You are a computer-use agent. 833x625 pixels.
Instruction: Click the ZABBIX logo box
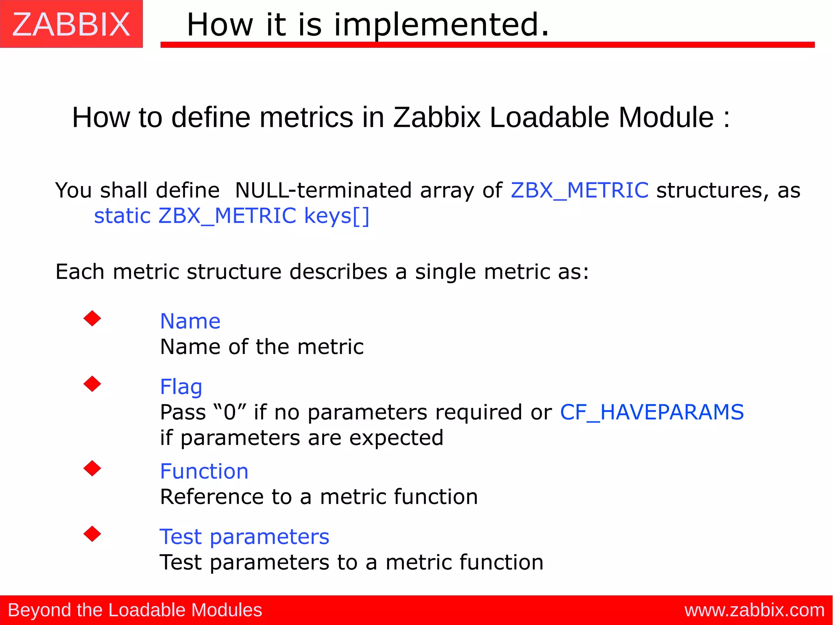71,24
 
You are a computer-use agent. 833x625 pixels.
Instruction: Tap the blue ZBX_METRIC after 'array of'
579,190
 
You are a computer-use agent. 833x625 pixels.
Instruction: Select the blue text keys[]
337,216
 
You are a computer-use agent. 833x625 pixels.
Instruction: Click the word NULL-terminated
323,190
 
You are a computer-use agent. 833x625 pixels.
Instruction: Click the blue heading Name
190,321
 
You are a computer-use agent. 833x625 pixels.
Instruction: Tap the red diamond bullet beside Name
92,318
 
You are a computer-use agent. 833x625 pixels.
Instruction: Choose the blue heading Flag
181,387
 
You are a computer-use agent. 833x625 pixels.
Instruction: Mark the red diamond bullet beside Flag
92,384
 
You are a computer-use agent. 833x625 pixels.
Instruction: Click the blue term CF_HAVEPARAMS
652,412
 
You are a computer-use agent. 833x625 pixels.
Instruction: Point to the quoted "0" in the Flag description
230,412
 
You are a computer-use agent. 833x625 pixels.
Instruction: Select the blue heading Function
204,471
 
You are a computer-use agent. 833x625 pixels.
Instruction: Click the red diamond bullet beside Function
92,468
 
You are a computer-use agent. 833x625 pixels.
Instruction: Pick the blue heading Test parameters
244,537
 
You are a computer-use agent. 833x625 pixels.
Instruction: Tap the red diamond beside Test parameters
92,534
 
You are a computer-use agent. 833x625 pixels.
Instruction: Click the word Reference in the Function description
212,497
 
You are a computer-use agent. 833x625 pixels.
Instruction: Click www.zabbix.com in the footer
754,610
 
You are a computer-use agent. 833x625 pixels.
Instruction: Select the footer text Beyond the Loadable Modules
135,610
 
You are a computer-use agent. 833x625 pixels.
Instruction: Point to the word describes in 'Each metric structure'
338,272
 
